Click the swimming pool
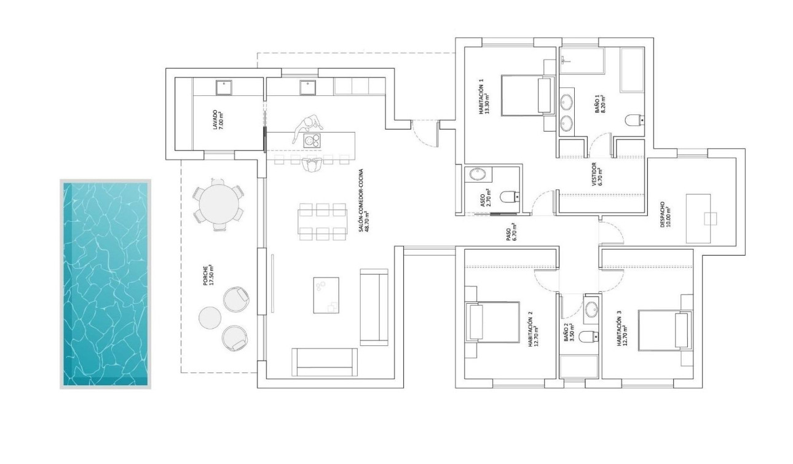point(105,283)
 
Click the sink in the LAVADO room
point(223,88)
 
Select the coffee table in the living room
point(326,295)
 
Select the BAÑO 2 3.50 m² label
point(570,336)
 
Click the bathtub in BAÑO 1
point(631,68)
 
